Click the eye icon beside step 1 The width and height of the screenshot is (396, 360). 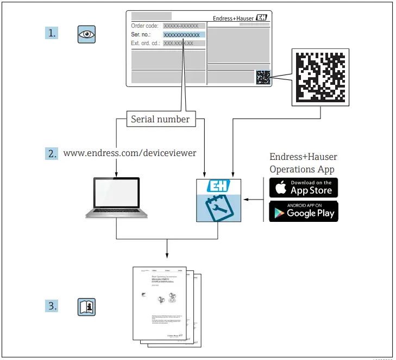[x=86, y=34]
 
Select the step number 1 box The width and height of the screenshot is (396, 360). [x=51, y=33]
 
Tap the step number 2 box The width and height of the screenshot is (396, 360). [x=51, y=153]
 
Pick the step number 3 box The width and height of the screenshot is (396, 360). [x=51, y=306]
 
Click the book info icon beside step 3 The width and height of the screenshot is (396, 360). [x=86, y=306]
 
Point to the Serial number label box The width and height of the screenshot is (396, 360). [x=160, y=119]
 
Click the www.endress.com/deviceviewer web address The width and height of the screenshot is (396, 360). [x=130, y=153]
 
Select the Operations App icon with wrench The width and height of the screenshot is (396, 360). [x=218, y=200]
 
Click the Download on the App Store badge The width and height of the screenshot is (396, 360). [x=304, y=188]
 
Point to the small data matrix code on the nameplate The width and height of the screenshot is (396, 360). [x=262, y=77]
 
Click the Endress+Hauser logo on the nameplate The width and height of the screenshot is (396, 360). [x=240, y=18]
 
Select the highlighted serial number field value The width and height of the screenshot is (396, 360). [x=184, y=34]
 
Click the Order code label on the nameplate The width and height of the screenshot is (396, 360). [x=145, y=26]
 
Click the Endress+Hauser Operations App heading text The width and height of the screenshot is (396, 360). [x=303, y=163]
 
